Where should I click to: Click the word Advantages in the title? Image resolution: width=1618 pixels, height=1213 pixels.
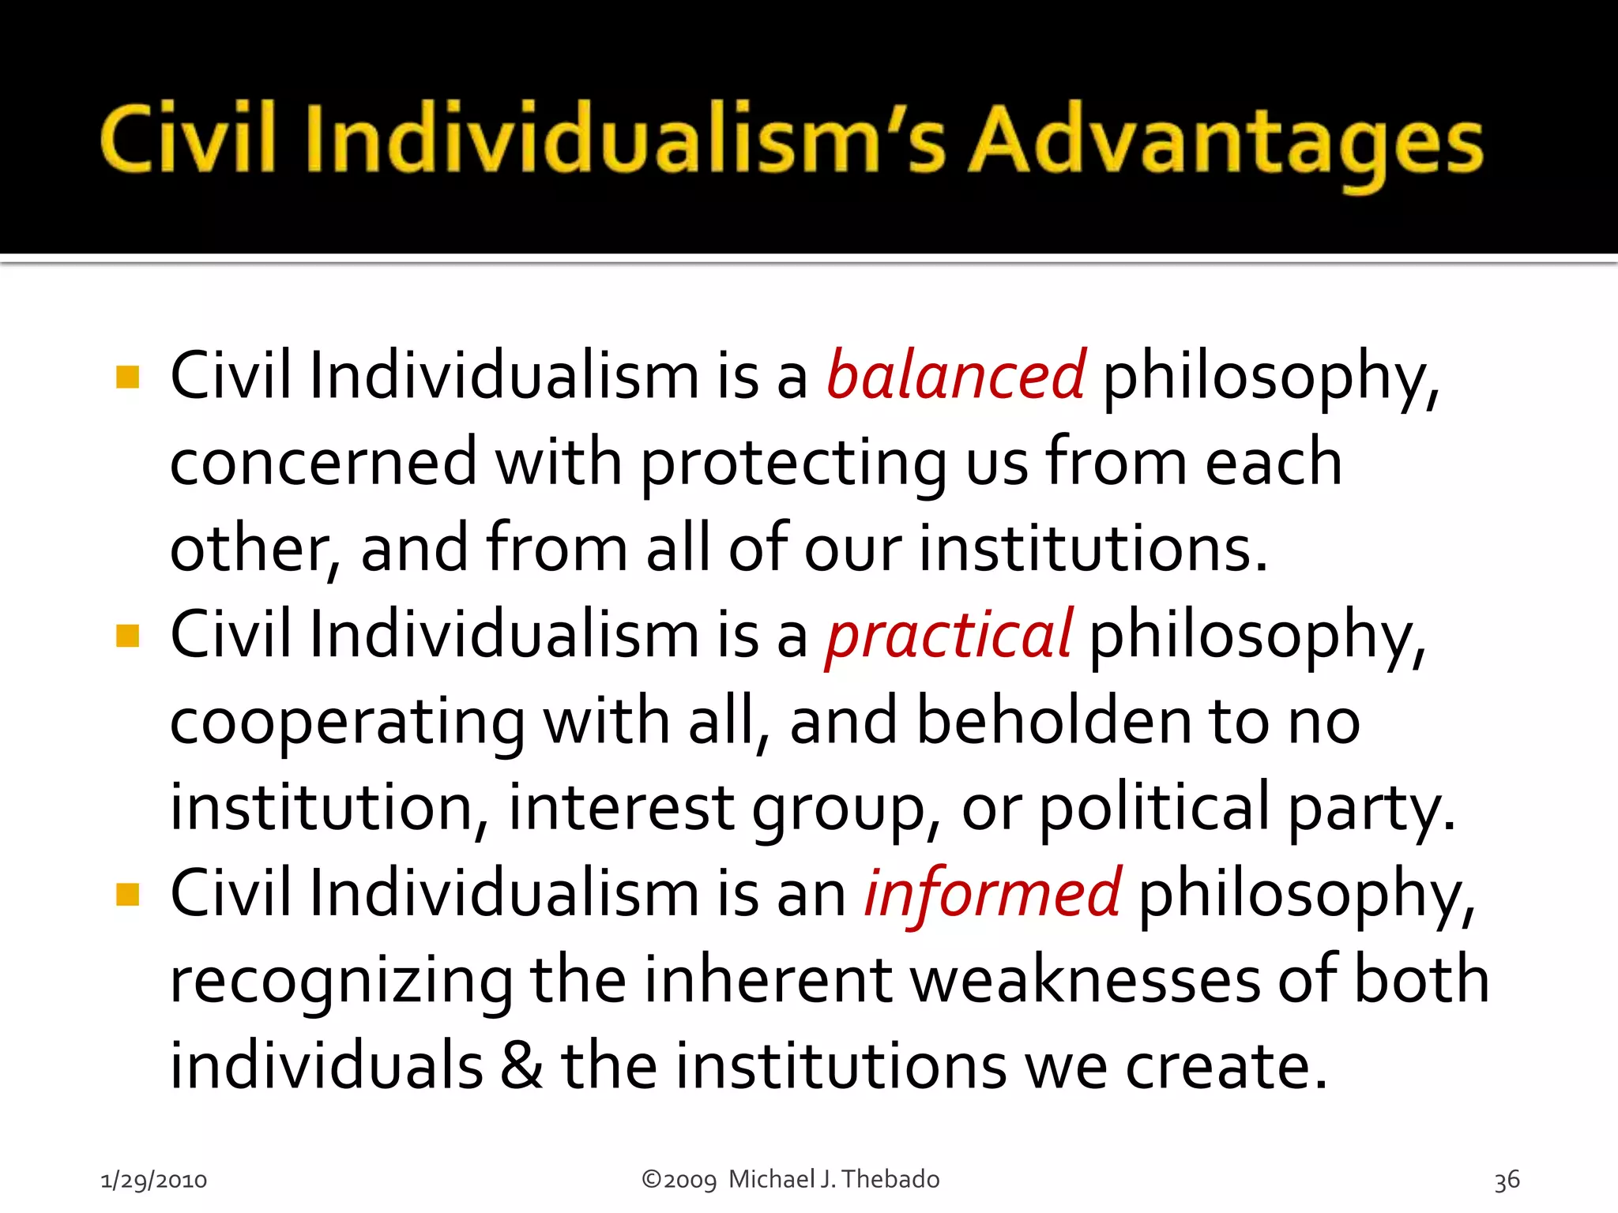pyautogui.click(x=1226, y=142)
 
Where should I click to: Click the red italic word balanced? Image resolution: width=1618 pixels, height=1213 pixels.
pyautogui.click(x=956, y=377)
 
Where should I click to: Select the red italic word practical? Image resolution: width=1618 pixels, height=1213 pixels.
pyautogui.click(x=949, y=636)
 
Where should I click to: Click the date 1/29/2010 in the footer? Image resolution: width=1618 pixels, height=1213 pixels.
pyautogui.click(x=154, y=1180)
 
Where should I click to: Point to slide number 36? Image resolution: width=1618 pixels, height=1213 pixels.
pyautogui.click(x=1507, y=1180)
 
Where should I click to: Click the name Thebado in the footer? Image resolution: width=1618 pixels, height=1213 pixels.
pyautogui.click(x=890, y=1179)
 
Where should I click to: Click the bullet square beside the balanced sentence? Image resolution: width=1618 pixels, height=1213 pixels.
pyautogui.click(x=127, y=377)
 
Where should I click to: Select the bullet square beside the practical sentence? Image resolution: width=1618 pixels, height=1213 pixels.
pyautogui.click(x=127, y=636)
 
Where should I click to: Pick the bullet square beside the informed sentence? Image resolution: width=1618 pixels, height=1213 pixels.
pyautogui.click(x=127, y=895)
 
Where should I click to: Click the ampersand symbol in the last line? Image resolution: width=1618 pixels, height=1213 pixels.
pyautogui.click(x=521, y=1066)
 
